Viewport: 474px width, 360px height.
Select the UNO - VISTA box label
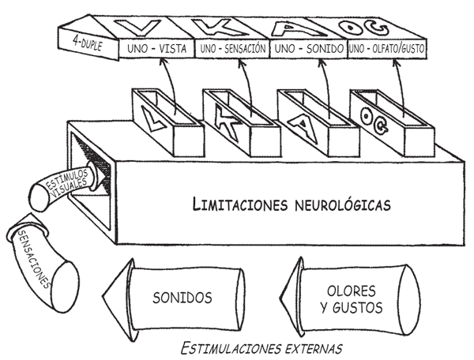pyautogui.click(x=157, y=50)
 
